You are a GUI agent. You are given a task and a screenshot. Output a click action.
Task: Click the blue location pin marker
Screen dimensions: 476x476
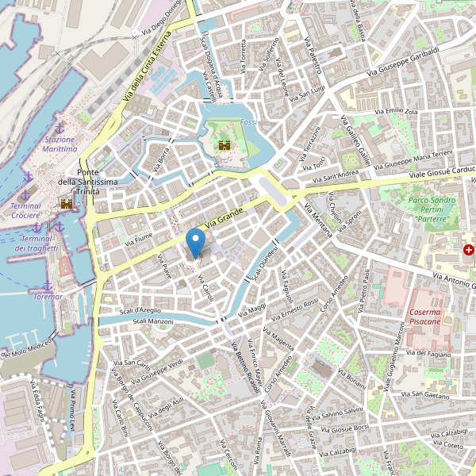pyautogui.click(x=194, y=241)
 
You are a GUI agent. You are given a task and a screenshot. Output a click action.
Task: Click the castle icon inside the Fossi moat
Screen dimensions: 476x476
pyautogui.click(x=225, y=146)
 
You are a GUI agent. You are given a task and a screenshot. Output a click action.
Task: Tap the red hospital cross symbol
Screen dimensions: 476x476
pyautogui.click(x=469, y=250)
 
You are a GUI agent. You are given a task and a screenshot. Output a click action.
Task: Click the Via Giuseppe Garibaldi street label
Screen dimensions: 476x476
pyautogui.click(x=404, y=63)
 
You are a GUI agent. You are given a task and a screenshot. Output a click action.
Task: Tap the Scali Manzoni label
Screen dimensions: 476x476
pyautogui.click(x=153, y=321)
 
